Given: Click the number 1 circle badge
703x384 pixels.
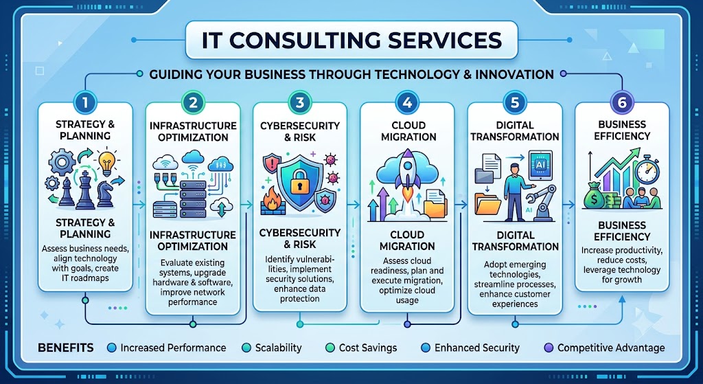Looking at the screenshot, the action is coord(84,103).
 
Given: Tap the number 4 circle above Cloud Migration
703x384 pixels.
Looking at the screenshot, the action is coord(407,103).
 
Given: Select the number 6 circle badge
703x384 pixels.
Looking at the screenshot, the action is coord(622,103).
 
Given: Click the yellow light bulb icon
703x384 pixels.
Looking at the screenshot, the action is coord(106,162).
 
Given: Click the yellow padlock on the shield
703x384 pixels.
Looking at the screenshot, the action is coord(297,181).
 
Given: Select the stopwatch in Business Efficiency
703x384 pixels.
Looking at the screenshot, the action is coord(647,169).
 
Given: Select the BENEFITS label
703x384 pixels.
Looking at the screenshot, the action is coord(66,348).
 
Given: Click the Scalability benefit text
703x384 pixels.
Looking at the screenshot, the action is coord(279,348).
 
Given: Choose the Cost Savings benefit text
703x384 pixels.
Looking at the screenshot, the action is coord(368,348).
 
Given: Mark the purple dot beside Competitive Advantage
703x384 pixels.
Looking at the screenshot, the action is coord(549,348).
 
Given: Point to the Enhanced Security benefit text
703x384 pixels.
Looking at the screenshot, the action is coord(477,348).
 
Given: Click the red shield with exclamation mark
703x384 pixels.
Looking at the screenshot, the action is coord(271,163).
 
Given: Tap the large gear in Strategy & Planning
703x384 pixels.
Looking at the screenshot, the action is coord(62,162).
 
